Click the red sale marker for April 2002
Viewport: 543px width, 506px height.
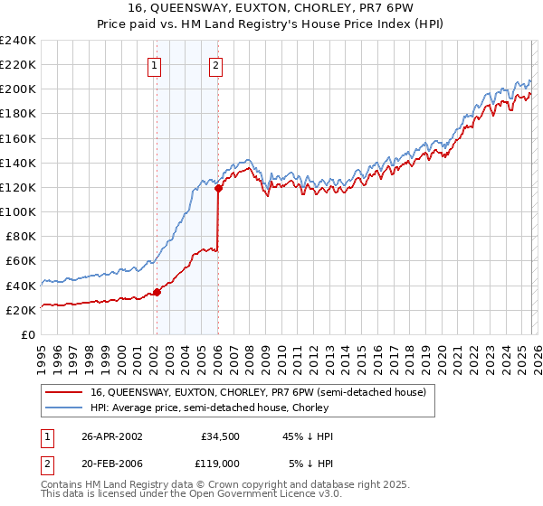click(157, 292)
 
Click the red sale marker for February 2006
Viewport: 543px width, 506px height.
click(218, 189)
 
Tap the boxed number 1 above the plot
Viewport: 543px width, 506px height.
click(155, 64)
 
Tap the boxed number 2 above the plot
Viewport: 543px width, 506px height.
click(216, 64)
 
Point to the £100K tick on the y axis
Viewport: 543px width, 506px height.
click(20, 211)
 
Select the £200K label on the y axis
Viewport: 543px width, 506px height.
click(20, 89)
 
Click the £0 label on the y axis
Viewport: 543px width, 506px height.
click(28, 334)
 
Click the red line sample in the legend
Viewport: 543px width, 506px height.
click(64, 392)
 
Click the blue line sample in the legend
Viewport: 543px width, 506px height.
click(64, 408)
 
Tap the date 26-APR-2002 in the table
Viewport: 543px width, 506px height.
click(112, 436)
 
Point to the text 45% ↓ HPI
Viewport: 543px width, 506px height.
click(309, 436)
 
